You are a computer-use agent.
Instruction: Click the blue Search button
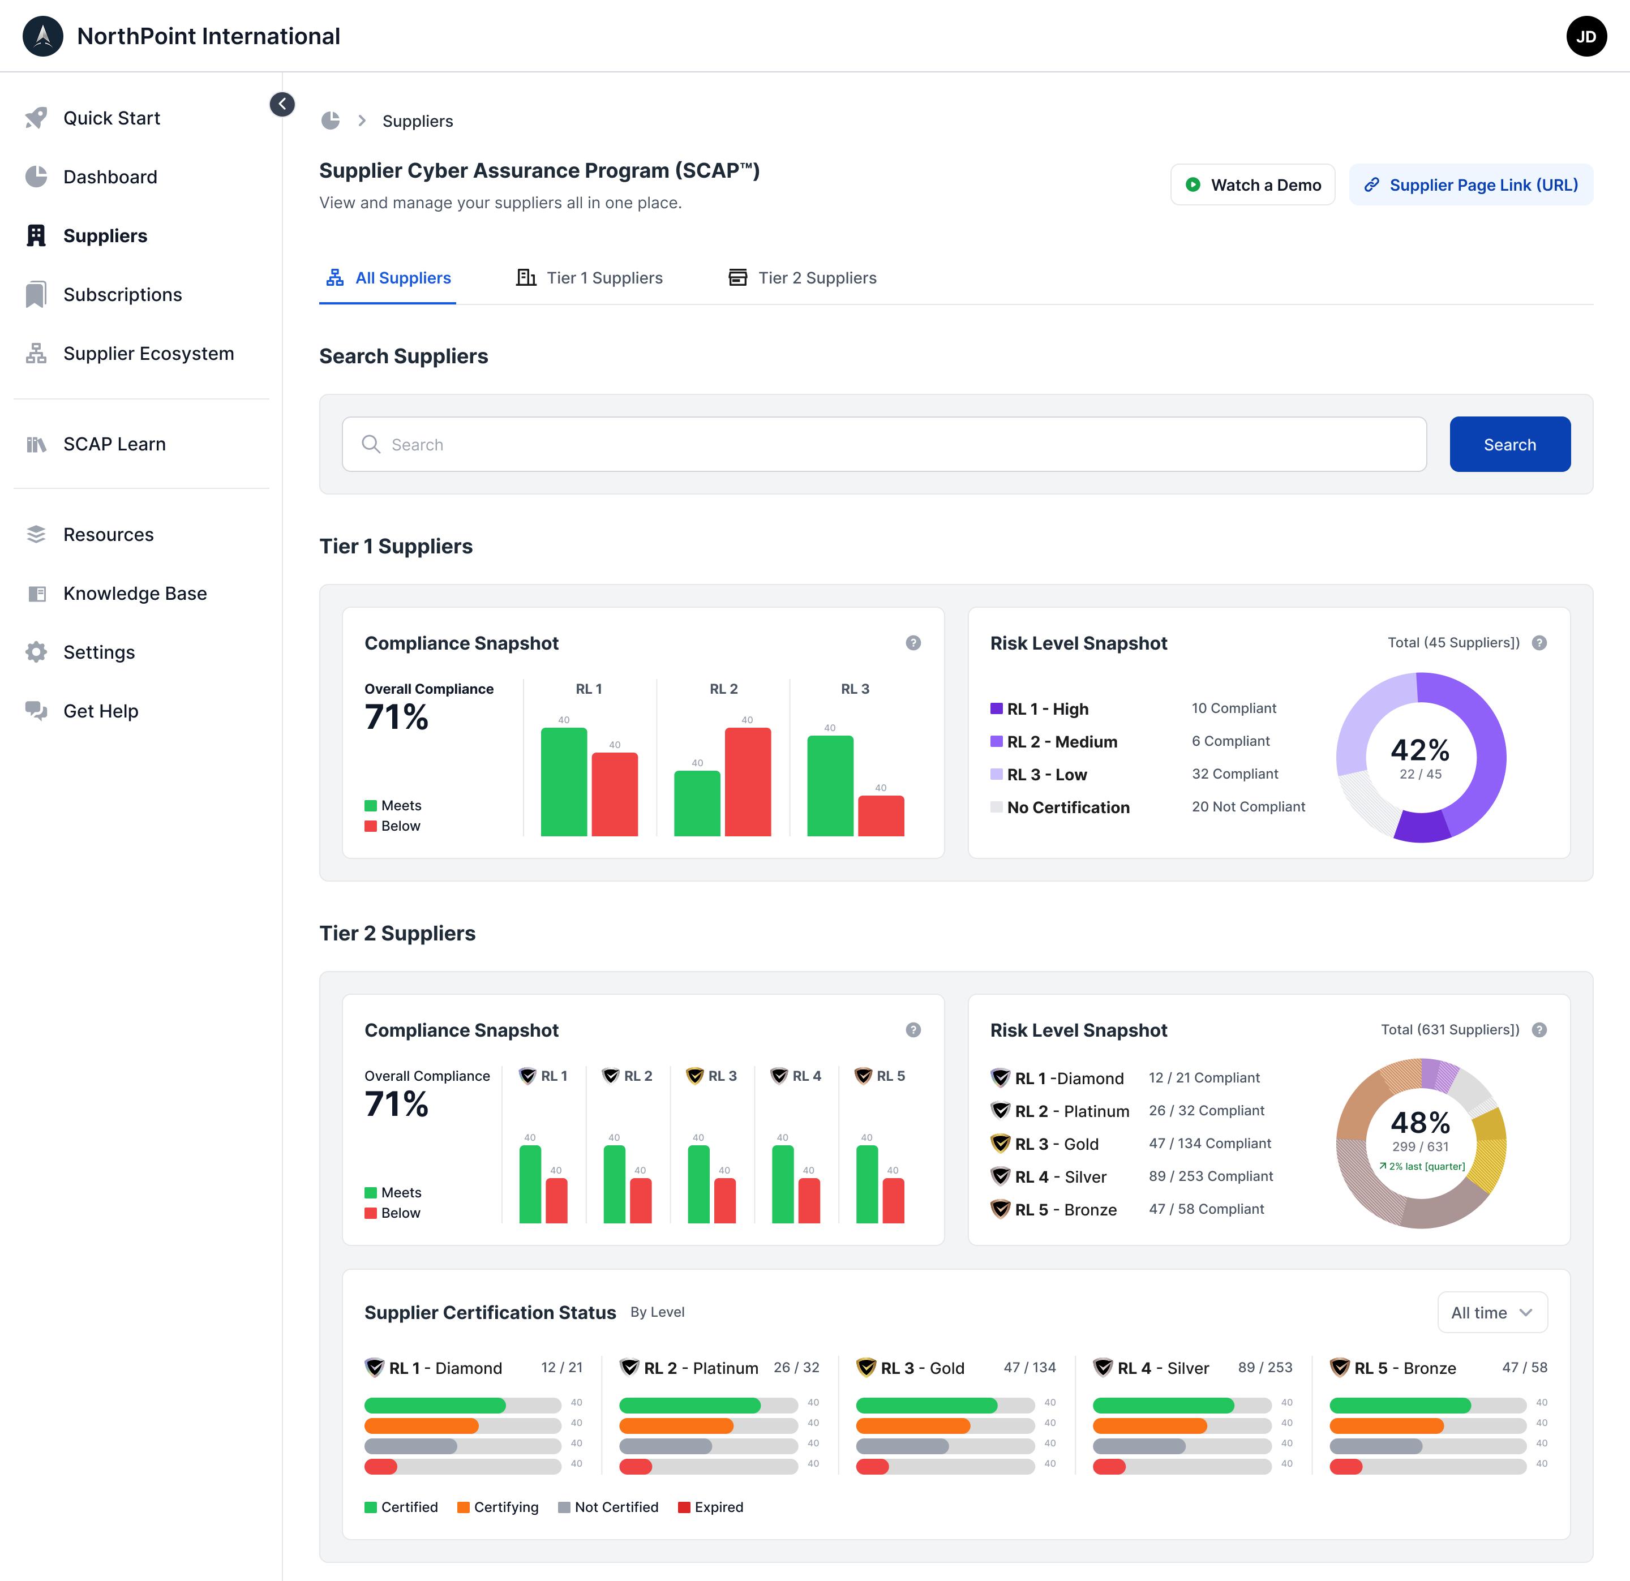[x=1509, y=444]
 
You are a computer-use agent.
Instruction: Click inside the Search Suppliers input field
[x=884, y=444]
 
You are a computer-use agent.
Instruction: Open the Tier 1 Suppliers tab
[x=590, y=278]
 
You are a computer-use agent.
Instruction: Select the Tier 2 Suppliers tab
[x=803, y=278]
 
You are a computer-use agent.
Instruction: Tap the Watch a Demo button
[x=1252, y=184]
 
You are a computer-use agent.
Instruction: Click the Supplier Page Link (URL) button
[x=1471, y=184]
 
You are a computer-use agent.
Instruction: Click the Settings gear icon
[x=36, y=652]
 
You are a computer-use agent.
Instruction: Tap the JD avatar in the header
[x=1586, y=37]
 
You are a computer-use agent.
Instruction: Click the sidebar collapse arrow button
[x=282, y=104]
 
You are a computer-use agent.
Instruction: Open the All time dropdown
[x=1492, y=1312]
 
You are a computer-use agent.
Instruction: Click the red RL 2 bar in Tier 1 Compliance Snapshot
[x=748, y=782]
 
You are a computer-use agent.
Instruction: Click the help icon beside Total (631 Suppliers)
[x=1539, y=1030]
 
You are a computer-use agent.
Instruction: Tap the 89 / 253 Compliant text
[x=1211, y=1176]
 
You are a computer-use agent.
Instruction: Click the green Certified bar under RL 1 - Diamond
[x=435, y=1406]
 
